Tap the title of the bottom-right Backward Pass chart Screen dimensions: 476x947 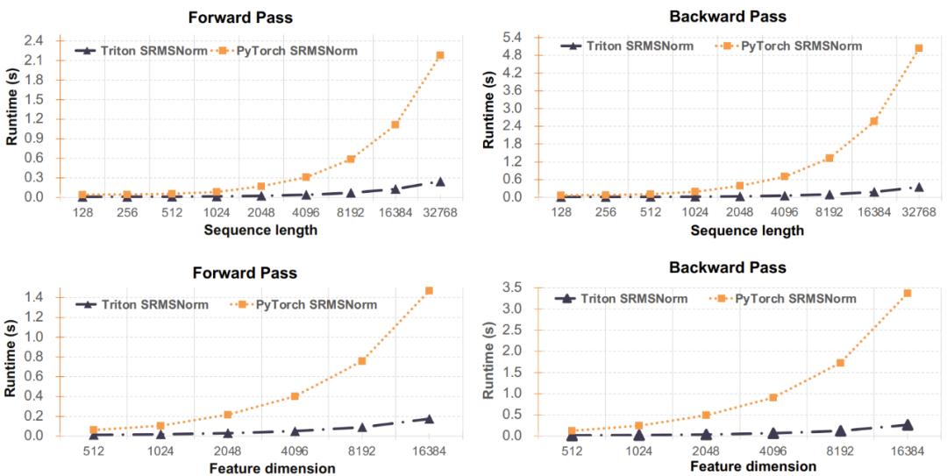[x=728, y=267]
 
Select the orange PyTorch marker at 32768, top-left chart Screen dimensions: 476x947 [x=440, y=55]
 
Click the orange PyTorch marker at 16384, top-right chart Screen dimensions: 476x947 [x=874, y=121]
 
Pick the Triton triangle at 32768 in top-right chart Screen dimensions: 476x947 [x=919, y=187]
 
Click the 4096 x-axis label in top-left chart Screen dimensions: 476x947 [x=306, y=213]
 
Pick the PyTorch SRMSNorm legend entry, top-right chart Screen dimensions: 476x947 [x=802, y=46]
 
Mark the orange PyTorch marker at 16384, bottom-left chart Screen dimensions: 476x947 [x=430, y=290]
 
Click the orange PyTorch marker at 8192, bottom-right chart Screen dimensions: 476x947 [x=840, y=363]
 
